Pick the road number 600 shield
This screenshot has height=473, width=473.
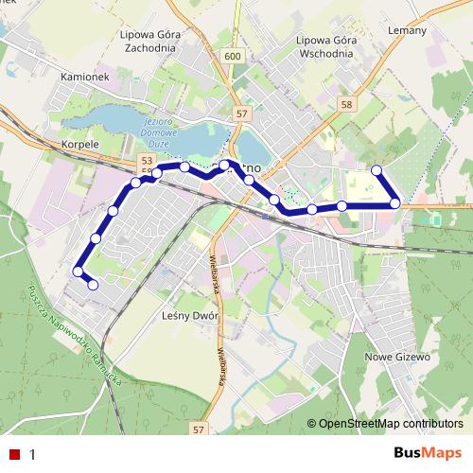(x=233, y=57)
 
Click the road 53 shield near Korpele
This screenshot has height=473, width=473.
(x=146, y=162)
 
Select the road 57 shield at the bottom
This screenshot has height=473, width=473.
(x=198, y=429)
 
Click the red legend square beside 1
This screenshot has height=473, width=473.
(x=14, y=454)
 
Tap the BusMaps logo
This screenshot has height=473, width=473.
(x=427, y=454)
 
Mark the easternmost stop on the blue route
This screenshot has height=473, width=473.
(x=395, y=203)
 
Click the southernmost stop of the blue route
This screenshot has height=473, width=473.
(x=93, y=284)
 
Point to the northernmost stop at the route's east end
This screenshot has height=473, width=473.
(x=377, y=170)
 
